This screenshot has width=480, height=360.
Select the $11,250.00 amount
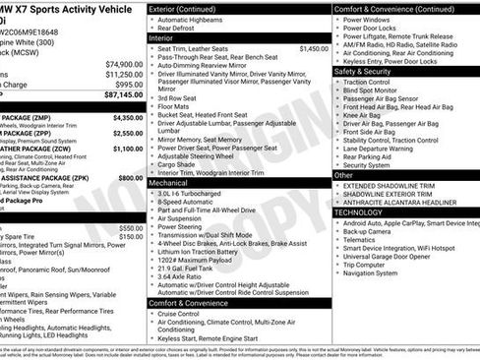pyautogui.click(x=124, y=74)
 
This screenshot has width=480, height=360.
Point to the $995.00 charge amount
pyautogui.click(x=128, y=85)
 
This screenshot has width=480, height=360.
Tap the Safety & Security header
pyautogui.click(x=369, y=71)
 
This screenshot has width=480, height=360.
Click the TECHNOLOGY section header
pyautogui.click(x=358, y=212)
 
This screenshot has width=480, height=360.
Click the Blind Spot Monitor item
pyautogui.click(x=379, y=90)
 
